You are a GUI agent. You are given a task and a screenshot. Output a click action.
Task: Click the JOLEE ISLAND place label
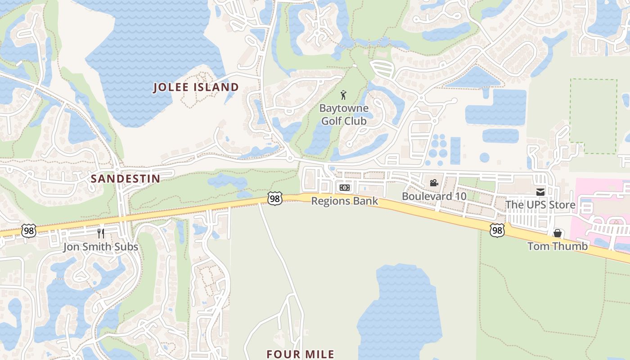(196, 87)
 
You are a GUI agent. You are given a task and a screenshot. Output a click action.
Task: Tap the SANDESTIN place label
(126, 179)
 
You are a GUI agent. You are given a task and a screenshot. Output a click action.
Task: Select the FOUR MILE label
(300, 354)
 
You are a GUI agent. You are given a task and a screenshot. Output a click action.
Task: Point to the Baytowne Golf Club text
(344, 115)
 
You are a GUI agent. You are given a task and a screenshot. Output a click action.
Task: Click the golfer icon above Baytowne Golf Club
(344, 95)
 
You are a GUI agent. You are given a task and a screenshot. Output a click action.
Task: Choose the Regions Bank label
(345, 201)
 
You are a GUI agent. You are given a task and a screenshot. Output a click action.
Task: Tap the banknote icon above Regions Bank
(345, 188)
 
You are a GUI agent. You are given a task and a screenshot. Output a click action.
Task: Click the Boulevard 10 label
(434, 197)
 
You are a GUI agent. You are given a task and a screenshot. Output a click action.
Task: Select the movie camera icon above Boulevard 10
(434, 183)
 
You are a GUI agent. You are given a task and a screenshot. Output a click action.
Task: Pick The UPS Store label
(540, 205)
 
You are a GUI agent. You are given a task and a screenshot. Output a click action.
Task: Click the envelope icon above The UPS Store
(540, 192)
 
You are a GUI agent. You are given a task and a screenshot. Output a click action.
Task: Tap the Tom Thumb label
(557, 246)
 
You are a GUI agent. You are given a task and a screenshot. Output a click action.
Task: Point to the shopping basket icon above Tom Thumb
(557, 233)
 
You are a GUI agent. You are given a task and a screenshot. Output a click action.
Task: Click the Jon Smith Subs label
(100, 247)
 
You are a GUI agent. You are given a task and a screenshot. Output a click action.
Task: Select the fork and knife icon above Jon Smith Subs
(101, 233)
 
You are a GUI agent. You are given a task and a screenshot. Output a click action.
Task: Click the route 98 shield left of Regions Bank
(274, 198)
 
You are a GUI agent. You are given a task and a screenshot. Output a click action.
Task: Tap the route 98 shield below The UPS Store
(497, 230)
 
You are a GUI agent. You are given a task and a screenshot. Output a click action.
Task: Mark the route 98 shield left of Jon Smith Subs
(28, 231)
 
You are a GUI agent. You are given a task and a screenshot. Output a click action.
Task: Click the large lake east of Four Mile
(398, 310)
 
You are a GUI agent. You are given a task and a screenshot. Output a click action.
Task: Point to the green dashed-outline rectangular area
(593, 116)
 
